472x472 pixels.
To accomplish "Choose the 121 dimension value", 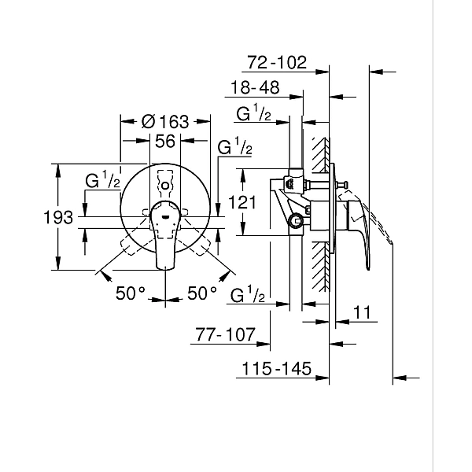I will [x=243, y=202].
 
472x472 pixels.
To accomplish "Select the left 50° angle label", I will [x=131, y=293].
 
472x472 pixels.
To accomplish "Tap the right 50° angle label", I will [x=202, y=293].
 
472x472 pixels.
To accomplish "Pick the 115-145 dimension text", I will [x=275, y=369].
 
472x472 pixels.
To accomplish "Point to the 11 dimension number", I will [x=361, y=312].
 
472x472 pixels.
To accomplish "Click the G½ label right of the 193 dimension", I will [x=102, y=179].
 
